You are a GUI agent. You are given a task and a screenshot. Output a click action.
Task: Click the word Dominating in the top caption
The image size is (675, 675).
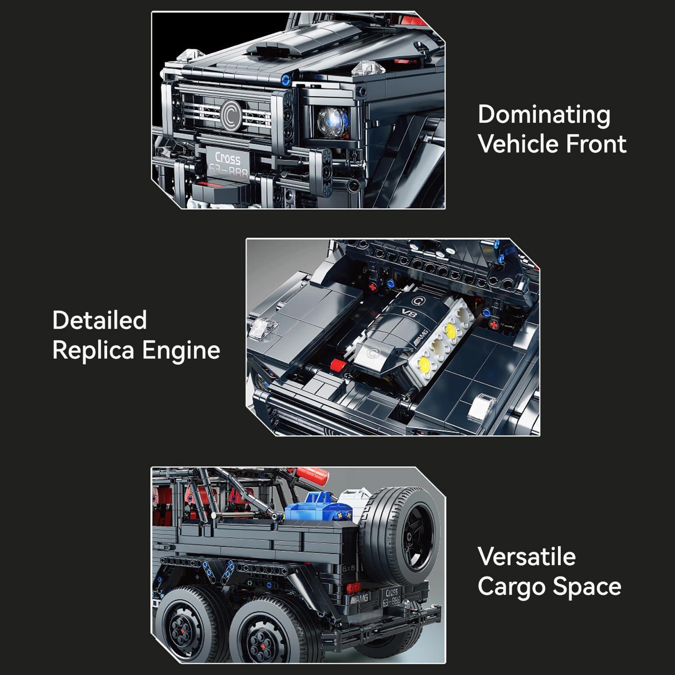(x=544, y=115)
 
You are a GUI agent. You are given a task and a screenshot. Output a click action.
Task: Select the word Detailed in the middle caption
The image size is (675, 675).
(x=99, y=320)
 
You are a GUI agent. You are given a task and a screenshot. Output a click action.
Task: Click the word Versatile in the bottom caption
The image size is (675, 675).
(x=526, y=557)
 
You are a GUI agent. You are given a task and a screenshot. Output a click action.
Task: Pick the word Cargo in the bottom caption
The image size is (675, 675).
(x=511, y=587)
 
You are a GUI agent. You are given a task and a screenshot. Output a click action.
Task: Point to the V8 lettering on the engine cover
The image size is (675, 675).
(x=408, y=314)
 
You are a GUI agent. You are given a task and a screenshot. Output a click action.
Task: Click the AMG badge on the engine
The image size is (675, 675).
(x=422, y=336)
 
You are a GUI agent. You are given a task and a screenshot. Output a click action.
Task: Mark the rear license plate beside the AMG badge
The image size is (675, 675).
(x=391, y=598)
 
